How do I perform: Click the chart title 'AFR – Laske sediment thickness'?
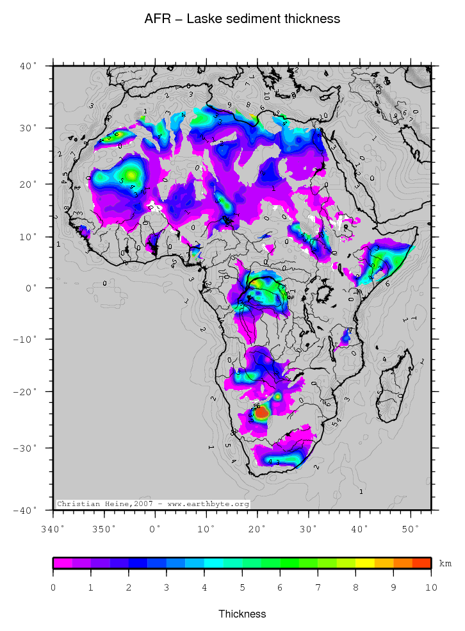[x=242, y=19]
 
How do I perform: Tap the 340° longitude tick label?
[x=53, y=529]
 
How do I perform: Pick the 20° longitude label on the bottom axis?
[x=257, y=529]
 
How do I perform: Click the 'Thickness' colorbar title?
[x=242, y=614]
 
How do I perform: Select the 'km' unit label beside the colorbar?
[x=445, y=564]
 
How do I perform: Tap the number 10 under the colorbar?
[x=431, y=587]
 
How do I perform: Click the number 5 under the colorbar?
[x=242, y=587]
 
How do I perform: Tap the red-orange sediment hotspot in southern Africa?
[x=261, y=413]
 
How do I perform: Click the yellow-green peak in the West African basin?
[x=132, y=174]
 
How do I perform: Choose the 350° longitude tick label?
[x=104, y=529]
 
